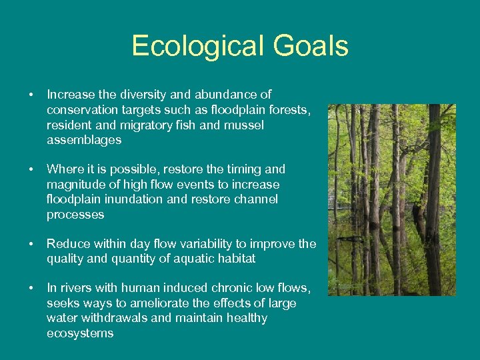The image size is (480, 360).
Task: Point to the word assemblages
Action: click(x=84, y=140)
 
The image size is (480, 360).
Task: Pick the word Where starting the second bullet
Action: click(x=65, y=169)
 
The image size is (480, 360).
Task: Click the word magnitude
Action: click(x=75, y=185)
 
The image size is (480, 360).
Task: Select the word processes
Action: click(x=75, y=215)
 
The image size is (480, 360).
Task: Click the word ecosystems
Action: click(x=80, y=333)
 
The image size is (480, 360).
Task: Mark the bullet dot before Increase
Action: click(x=31, y=95)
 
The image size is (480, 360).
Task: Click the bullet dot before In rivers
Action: click(x=31, y=289)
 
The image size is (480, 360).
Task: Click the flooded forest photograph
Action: click(x=391, y=200)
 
